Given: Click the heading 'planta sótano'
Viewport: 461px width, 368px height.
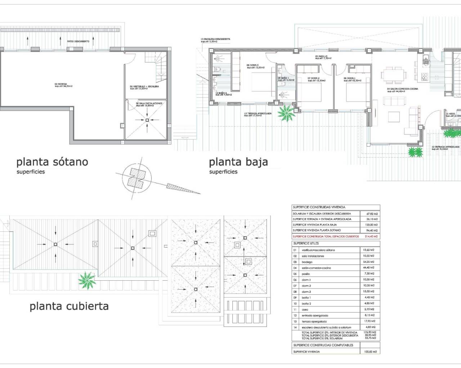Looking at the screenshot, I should [52, 162].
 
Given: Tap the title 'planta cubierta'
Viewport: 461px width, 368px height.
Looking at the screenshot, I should [69, 306].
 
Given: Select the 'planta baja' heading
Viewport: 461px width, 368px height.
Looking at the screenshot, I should [238, 162].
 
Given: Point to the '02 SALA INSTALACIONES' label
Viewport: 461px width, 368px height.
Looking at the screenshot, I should [149, 103].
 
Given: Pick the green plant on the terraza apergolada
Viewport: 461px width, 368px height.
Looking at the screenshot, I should [287, 113].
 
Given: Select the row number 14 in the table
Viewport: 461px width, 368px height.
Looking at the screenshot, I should [295, 327].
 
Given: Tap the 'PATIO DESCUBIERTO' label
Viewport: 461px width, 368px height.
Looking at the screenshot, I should [78, 41].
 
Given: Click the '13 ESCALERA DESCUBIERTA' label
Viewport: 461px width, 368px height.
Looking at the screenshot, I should [215, 39].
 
